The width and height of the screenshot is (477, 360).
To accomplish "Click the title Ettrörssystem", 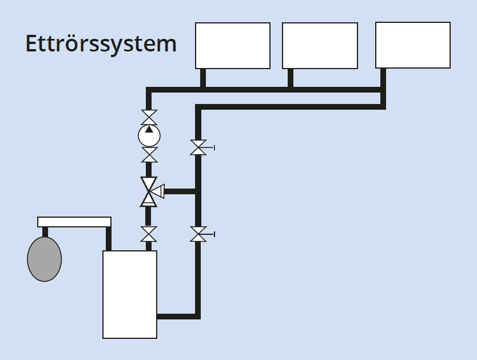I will [x=101, y=44].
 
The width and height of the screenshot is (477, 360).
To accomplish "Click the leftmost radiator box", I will [x=233, y=46].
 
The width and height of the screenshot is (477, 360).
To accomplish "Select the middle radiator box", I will [x=320, y=46].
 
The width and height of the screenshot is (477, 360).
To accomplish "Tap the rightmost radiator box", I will [x=412, y=45].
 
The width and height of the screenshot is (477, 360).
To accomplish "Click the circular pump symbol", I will [x=149, y=136].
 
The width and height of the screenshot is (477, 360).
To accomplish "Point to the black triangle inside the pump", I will [x=149, y=130].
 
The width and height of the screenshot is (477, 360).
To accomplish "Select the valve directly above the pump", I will [x=149, y=118].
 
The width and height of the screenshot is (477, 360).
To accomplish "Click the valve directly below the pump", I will [x=149, y=155].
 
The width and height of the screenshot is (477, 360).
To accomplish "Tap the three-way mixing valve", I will [x=149, y=191].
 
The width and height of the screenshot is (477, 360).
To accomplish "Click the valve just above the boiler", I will [x=149, y=234].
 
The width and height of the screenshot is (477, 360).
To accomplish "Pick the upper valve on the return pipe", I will [x=198, y=147].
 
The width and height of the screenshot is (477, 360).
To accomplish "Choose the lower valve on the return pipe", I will [x=198, y=234].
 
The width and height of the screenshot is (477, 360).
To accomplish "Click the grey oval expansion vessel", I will [x=45, y=259].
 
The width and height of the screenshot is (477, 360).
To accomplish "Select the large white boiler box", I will [x=130, y=294].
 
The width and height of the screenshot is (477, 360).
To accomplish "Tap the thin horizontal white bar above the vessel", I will [x=74, y=222].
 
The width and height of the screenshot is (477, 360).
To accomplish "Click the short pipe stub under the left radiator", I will [x=203, y=78].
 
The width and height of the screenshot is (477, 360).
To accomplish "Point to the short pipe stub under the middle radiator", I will [x=291, y=78].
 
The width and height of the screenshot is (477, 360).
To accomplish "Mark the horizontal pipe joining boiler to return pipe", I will [x=177, y=316].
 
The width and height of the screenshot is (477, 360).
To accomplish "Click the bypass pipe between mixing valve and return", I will [x=180, y=191].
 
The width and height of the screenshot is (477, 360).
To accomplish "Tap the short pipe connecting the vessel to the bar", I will [x=45, y=232].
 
